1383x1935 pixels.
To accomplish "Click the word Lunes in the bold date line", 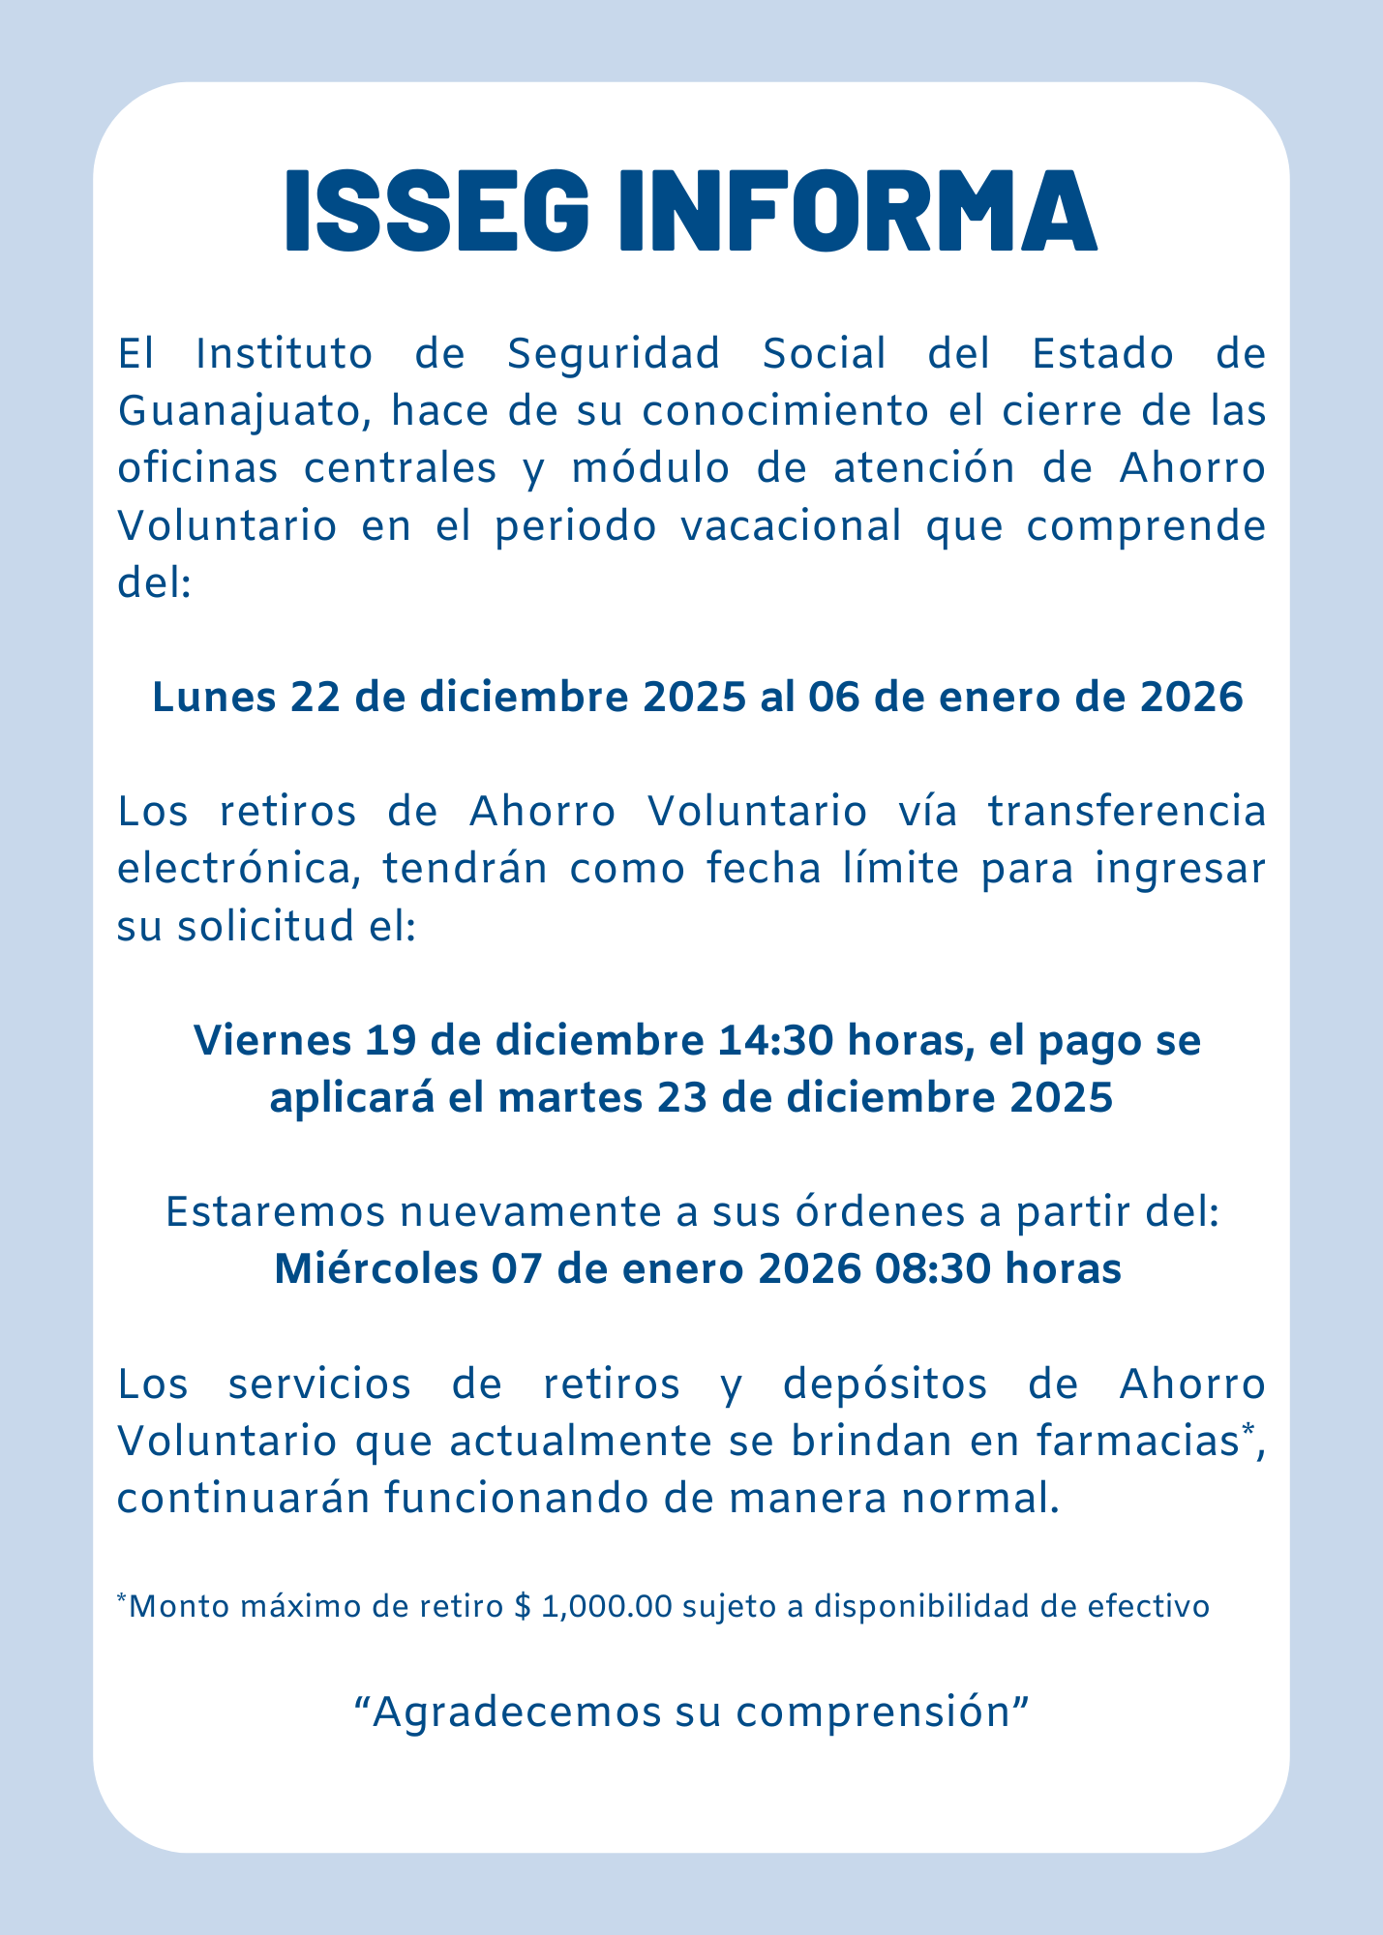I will (212, 698).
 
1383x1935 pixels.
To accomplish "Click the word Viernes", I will (272, 1041).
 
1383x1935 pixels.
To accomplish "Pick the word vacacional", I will (793, 527).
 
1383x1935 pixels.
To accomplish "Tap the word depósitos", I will (886, 1384).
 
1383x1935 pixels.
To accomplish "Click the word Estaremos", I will (269, 1212).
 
